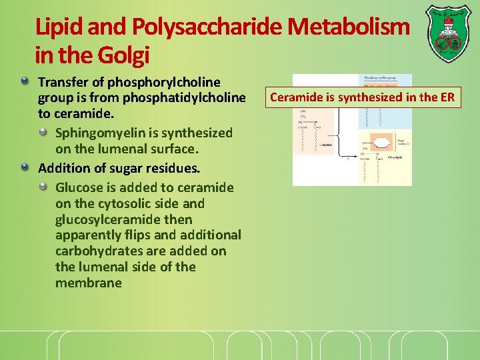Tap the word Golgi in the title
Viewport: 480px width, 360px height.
126,55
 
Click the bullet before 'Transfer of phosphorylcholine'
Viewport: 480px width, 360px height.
25,82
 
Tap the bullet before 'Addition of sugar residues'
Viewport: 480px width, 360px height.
25,166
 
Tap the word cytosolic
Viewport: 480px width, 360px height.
126,203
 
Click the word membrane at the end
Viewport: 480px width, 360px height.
89,283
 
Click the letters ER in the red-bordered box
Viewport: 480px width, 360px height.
447,98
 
